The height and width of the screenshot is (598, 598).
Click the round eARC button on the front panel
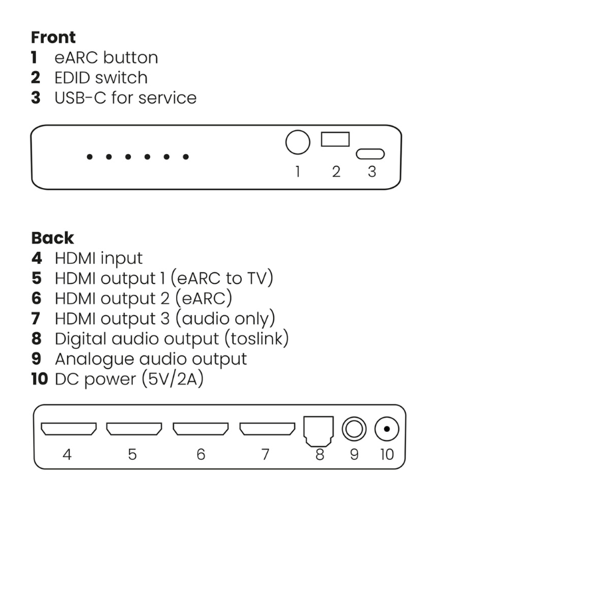(298, 143)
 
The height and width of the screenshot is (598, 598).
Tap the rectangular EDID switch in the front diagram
(335, 140)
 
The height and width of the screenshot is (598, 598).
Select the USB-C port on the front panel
(371, 154)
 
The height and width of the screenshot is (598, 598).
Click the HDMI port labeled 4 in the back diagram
(68, 429)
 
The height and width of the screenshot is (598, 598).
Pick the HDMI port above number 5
(134, 429)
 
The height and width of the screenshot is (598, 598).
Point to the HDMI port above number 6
(201, 429)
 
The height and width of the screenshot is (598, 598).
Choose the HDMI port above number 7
(267, 429)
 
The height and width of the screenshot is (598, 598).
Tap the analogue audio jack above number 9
(354, 429)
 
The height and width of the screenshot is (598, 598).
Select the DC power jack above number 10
(387, 429)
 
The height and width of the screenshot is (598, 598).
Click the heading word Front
(53, 37)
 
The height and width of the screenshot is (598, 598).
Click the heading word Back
(52, 238)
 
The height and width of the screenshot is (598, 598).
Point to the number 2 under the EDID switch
(336, 171)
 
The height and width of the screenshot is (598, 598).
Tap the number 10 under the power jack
(387, 454)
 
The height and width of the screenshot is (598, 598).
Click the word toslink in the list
(256, 339)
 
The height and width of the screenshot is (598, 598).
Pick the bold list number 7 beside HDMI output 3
(37, 319)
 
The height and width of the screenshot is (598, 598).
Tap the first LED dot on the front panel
(89, 157)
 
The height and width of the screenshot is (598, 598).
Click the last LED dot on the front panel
(186, 157)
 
